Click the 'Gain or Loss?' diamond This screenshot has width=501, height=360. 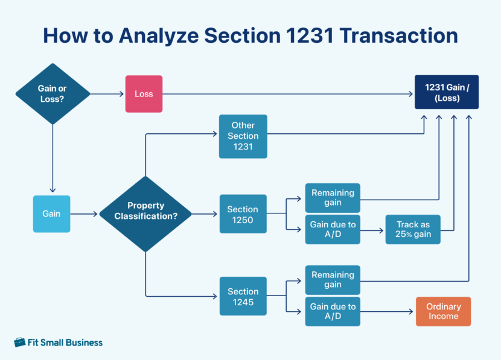[x=52, y=93]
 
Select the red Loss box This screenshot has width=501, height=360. [x=144, y=94]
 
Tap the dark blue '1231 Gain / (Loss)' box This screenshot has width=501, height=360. [x=446, y=92]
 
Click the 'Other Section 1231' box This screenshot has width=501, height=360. [x=243, y=136]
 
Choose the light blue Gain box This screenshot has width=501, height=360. [x=51, y=214]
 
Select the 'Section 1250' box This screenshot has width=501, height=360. [x=243, y=214]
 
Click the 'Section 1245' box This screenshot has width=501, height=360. [x=243, y=296]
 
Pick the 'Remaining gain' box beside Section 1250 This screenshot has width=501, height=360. [x=332, y=198]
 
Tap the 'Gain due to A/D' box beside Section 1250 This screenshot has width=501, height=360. [x=332, y=229]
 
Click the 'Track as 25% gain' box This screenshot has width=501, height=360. [x=413, y=229]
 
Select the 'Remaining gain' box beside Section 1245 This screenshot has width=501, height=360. [x=332, y=280]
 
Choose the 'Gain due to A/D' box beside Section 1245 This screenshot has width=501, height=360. [x=332, y=311]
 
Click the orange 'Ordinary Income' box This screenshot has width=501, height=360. [x=443, y=311]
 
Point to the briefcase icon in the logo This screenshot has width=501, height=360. [x=20, y=342]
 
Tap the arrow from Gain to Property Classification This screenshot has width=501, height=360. [x=84, y=214]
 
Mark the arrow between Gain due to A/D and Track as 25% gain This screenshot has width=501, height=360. [x=372, y=229]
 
